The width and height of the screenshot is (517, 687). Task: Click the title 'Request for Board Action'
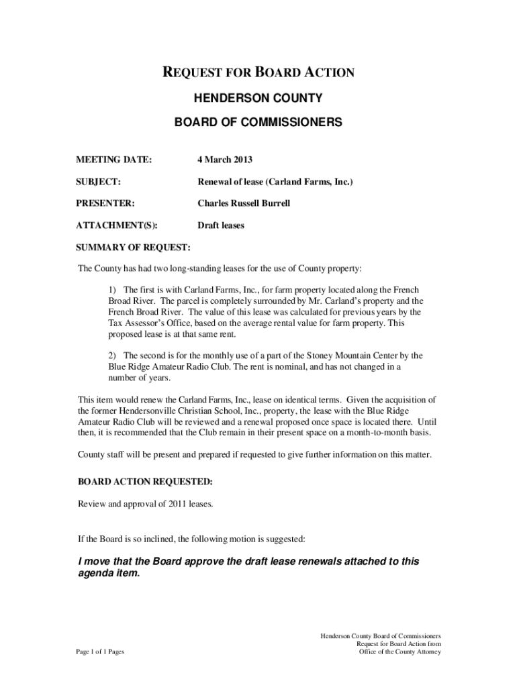click(x=258, y=72)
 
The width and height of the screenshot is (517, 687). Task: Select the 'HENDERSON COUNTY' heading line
click(x=258, y=99)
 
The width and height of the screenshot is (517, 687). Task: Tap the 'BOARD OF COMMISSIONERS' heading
click(x=258, y=122)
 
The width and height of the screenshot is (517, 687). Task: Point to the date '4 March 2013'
click(x=224, y=160)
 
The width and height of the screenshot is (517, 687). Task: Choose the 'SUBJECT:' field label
click(x=97, y=182)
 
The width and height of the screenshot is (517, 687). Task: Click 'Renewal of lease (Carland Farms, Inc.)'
click(x=275, y=182)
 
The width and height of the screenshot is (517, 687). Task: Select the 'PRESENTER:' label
click(x=105, y=203)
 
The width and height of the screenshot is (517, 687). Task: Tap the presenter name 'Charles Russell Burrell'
click(x=243, y=203)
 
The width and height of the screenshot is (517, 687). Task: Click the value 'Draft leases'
click(x=220, y=225)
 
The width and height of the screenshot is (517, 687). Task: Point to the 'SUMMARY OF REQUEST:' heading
click(x=134, y=248)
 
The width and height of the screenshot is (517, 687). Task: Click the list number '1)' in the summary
click(x=113, y=288)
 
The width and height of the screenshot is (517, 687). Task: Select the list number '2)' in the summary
click(x=113, y=355)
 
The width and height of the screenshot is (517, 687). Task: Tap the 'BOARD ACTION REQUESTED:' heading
click(x=146, y=482)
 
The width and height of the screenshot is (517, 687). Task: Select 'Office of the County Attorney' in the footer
click(x=399, y=652)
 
